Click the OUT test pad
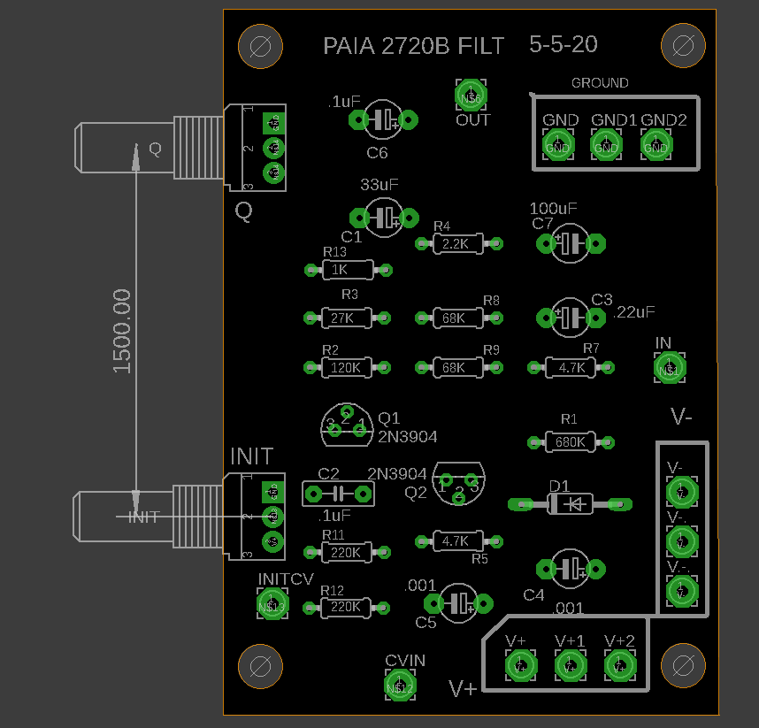472,96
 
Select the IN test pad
670,368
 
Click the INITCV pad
272,604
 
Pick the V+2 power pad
620,664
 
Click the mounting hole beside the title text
261,46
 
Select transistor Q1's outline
347,425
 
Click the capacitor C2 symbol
337,494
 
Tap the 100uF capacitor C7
571,242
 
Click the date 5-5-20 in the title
563,44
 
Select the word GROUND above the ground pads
599,83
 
